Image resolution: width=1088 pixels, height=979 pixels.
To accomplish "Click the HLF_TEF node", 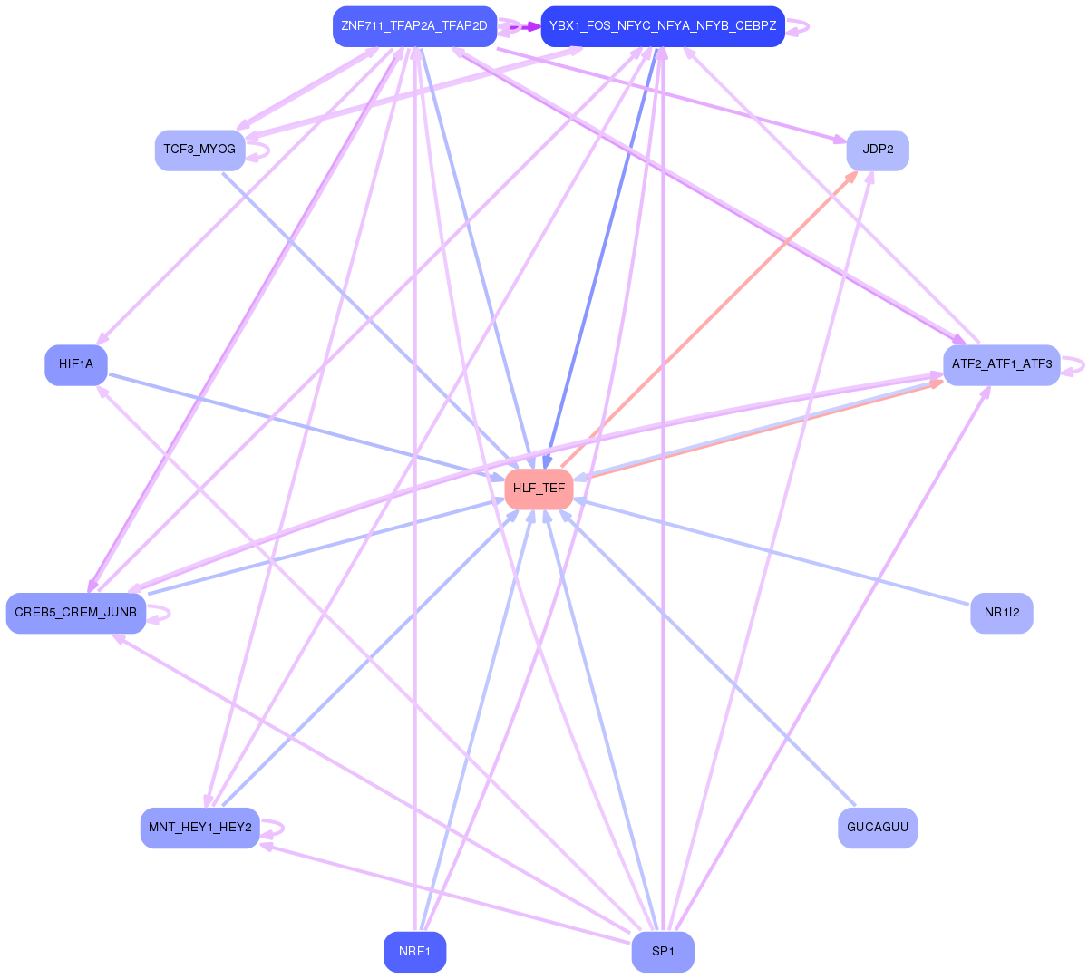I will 539,489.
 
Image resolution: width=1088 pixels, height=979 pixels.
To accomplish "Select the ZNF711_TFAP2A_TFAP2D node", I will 414,26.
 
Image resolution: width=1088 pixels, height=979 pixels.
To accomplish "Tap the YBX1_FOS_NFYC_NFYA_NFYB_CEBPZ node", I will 663,26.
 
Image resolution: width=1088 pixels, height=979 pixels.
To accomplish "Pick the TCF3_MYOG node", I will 199,150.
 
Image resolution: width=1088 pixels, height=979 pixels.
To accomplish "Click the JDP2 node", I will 878,150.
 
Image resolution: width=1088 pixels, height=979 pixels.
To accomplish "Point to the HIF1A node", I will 76,364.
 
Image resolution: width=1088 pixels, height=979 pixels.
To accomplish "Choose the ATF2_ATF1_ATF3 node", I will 1001,364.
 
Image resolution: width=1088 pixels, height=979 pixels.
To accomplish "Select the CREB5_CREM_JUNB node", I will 76,613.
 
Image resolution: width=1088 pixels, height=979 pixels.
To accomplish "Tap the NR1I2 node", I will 1001,613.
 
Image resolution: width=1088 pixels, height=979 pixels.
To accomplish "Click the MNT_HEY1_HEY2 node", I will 199,828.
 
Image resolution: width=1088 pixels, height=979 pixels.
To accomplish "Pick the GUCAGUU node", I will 878,828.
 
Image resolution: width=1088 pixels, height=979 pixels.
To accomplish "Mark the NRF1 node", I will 414,952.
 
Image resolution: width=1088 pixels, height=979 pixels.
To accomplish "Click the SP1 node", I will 663,952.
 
